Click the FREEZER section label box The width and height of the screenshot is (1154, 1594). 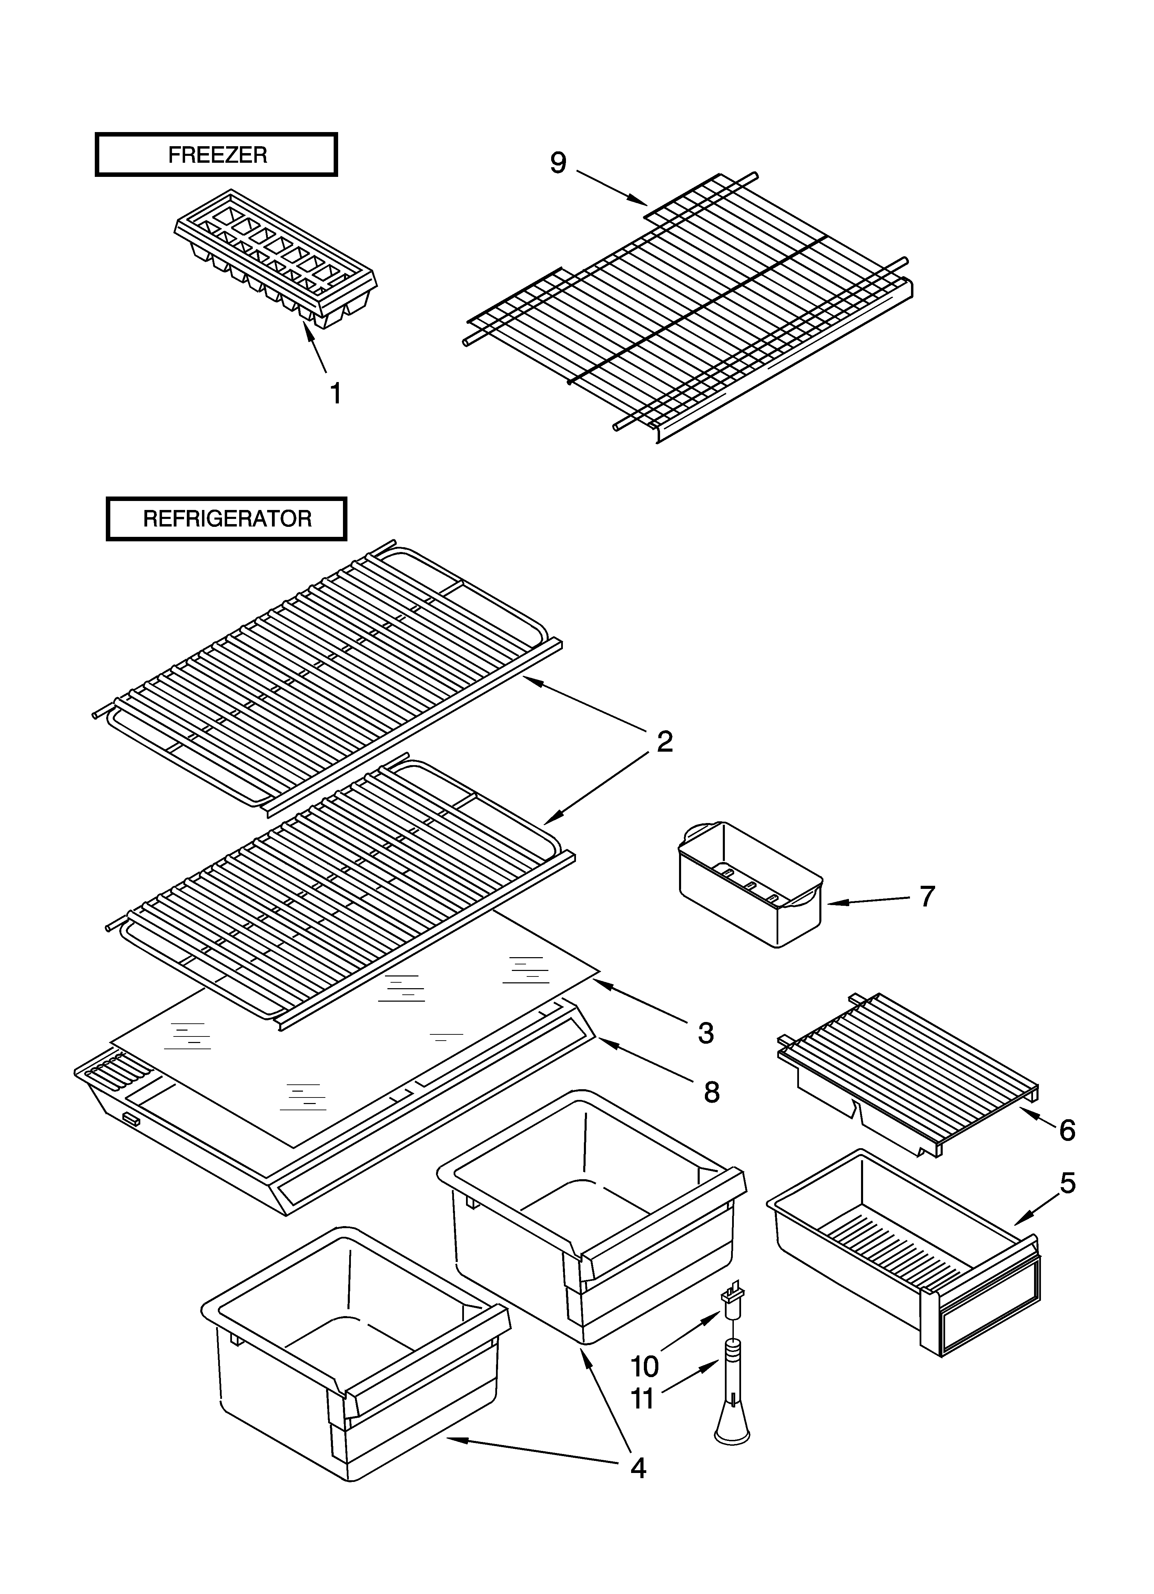(216, 154)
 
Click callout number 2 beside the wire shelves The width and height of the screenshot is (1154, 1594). (664, 741)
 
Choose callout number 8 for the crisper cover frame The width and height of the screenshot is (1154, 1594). (711, 1092)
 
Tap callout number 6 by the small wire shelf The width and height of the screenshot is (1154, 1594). (1067, 1130)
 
